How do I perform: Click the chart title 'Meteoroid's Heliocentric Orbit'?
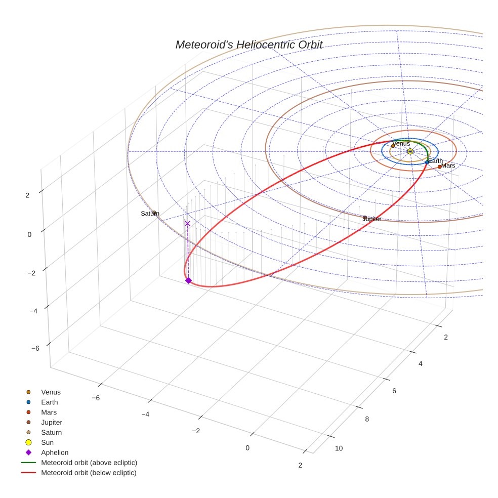(249, 45)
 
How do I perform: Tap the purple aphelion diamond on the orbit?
(188, 280)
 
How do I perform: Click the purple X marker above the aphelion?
(188, 223)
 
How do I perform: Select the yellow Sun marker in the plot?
(410, 151)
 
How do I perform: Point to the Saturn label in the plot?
(150, 214)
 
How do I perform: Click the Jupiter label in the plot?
(371, 219)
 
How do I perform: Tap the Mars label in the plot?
(448, 165)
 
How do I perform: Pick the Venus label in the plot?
(401, 143)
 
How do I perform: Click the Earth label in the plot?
(435, 161)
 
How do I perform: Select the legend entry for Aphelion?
(54, 452)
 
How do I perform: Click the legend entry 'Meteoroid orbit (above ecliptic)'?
(89, 463)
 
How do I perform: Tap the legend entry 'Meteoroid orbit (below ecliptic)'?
(89, 473)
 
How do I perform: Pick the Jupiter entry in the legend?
(52, 422)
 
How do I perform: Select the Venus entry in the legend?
(51, 392)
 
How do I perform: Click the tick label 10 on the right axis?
(339, 448)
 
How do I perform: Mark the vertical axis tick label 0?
(29, 234)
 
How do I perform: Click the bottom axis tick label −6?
(96, 398)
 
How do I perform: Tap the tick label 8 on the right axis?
(367, 419)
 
